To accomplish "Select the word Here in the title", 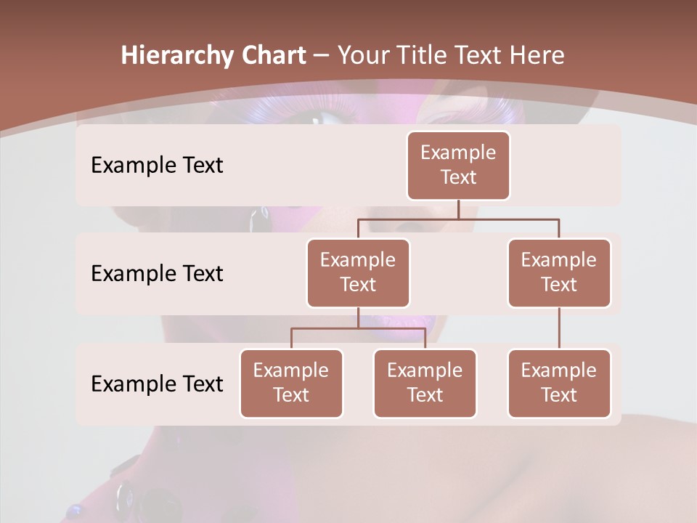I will click(x=538, y=56).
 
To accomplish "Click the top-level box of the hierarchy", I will click(x=458, y=166).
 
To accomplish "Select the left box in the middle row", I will click(x=358, y=273).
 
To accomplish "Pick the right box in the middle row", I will click(x=559, y=273).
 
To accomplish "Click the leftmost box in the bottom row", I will click(x=291, y=384).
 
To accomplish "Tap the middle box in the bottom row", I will click(x=425, y=384).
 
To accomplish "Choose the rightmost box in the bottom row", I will click(x=559, y=384).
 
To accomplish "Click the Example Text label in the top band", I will click(x=157, y=166).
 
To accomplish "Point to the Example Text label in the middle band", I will click(x=157, y=274).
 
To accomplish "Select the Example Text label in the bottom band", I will click(x=157, y=384).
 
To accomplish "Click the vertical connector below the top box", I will click(x=458, y=209).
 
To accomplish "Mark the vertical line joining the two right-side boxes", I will click(x=559, y=328).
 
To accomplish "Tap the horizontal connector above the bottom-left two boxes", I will click(x=358, y=328).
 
